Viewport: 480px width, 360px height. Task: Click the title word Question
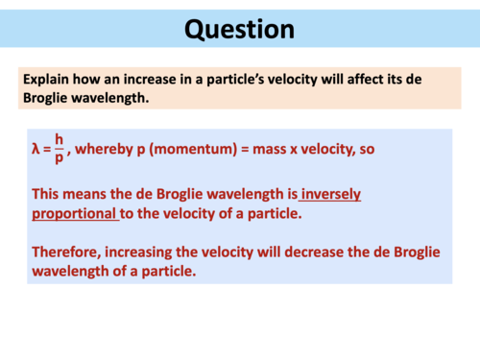(239, 29)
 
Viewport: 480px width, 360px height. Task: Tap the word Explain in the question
(48, 80)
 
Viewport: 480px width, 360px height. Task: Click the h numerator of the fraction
(59, 140)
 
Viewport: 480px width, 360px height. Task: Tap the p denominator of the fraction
(59, 158)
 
